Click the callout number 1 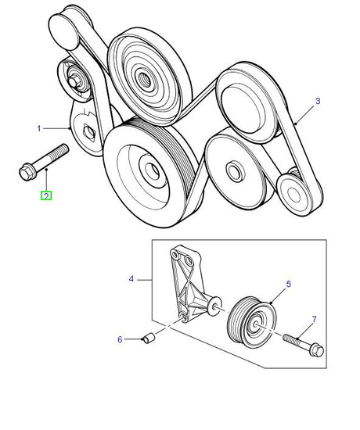click(x=39, y=128)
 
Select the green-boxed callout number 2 click(x=46, y=196)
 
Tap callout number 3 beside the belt click(x=318, y=101)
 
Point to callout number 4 click(x=131, y=279)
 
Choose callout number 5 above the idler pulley click(x=288, y=284)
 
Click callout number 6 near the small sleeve click(x=120, y=339)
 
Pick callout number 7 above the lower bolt click(x=314, y=319)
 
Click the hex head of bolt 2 click(x=26, y=173)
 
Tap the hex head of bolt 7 click(x=316, y=349)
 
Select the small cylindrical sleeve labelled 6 click(x=149, y=338)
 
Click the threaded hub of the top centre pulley click(x=144, y=79)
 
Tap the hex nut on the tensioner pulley click(x=73, y=82)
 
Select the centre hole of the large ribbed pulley click(x=150, y=170)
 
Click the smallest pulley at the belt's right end click(x=294, y=193)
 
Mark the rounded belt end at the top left click(x=63, y=30)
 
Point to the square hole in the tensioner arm click(x=89, y=133)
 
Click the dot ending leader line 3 click(x=297, y=124)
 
